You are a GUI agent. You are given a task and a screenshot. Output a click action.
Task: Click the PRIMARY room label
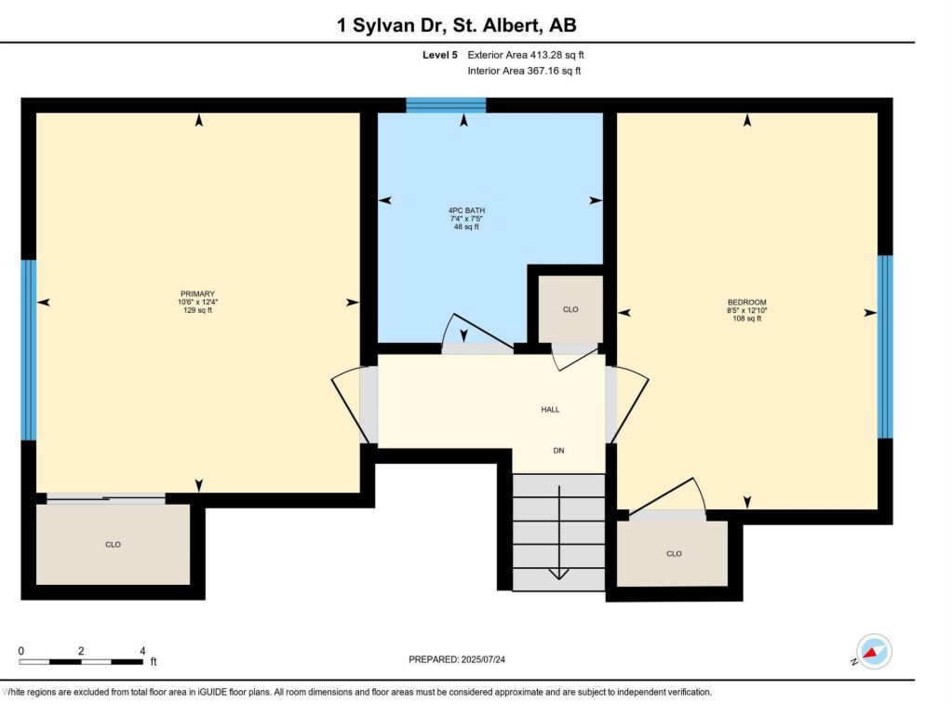point(197,294)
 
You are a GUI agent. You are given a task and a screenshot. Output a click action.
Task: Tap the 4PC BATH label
point(466,210)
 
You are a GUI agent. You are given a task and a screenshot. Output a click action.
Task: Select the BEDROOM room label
point(746,303)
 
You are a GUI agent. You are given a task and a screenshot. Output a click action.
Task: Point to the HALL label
point(550,410)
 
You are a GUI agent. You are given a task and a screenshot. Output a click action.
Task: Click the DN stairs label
point(558,451)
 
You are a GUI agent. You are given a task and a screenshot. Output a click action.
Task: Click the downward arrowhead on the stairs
point(558,575)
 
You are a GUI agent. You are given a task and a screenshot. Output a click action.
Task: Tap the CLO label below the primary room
point(113,545)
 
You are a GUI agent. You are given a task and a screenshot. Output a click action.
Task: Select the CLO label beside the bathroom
point(570,310)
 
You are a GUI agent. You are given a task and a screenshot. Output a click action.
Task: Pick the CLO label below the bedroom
point(674,554)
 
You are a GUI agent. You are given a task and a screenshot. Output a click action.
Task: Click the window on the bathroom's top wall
point(446,105)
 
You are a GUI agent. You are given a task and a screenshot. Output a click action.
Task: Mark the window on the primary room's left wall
point(29,350)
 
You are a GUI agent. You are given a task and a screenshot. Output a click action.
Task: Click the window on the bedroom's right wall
point(885,346)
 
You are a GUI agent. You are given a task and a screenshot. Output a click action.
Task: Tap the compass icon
point(873,653)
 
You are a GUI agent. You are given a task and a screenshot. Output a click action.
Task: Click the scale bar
point(81,661)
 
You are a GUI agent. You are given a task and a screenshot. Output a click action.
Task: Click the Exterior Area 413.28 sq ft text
point(526,55)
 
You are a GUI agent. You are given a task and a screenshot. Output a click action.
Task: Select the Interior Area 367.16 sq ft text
point(524,71)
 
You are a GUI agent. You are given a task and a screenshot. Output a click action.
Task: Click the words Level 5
point(440,55)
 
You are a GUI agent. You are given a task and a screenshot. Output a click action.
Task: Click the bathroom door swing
point(479,332)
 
